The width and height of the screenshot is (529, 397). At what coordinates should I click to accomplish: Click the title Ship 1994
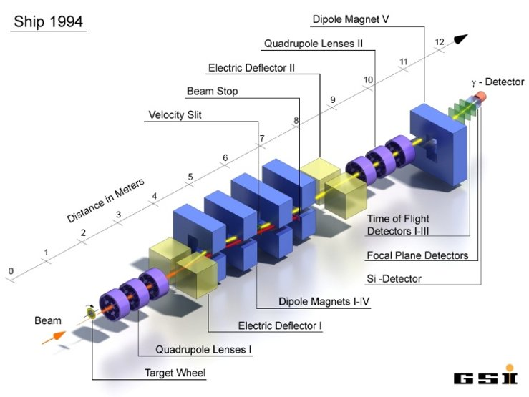(48, 21)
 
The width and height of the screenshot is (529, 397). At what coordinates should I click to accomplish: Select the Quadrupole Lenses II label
(314, 44)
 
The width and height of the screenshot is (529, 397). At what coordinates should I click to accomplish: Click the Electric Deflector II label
(251, 69)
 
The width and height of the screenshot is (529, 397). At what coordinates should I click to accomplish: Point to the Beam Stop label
(212, 92)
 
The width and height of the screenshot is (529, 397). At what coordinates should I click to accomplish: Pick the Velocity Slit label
(175, 114)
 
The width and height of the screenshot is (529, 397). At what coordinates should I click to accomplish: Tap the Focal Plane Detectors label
(418, 255)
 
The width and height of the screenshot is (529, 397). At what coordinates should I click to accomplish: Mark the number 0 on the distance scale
(11, 270)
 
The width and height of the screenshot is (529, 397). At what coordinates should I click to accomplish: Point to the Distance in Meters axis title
(106, 199)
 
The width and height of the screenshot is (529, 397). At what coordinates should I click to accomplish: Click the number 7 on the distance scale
(262, 138)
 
